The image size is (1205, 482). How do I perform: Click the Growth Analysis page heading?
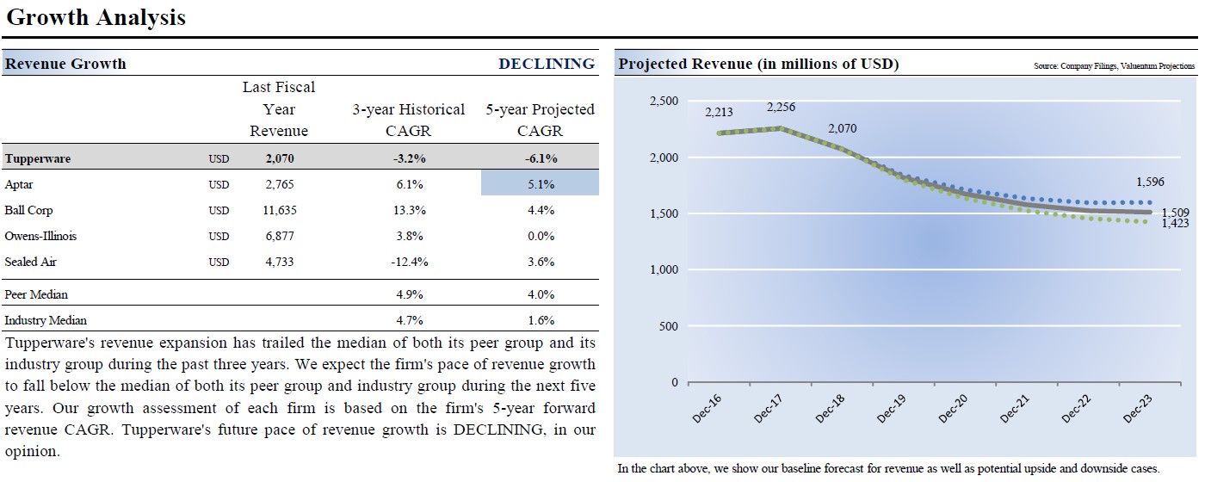(96, 17)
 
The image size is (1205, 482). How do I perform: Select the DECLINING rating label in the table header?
(547, 64)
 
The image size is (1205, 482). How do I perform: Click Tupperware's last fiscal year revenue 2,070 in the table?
(279, 158)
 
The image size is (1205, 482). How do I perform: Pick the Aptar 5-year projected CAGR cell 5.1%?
(540, 184)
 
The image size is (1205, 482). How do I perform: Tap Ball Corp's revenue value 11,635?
(279, 210)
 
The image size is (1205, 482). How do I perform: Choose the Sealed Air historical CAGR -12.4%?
(408, 262)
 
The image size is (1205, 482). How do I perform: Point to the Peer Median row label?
(36, 294)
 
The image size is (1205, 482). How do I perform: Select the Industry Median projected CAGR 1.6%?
(540, 320)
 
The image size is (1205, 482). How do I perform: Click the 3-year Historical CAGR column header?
(408, 120)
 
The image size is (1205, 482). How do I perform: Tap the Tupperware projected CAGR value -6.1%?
(540, 158)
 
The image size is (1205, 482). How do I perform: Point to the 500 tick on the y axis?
(669, 326)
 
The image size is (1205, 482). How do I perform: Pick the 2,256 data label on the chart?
(782, 108)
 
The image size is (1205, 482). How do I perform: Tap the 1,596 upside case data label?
(1150, 182)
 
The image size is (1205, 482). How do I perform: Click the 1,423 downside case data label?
(1176, 224)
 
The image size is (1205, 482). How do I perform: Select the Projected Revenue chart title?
(758, 65)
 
